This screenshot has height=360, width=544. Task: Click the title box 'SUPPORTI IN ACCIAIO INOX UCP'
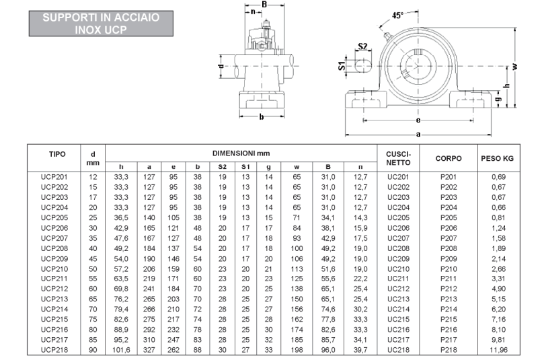click(x=101, y=24)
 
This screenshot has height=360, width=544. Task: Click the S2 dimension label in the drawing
click(x=362, y=46)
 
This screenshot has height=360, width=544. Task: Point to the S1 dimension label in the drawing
click(x=341, y=66)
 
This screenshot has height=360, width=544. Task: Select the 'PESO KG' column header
click(x=498, y=158)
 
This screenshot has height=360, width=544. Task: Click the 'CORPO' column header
click(x=449, y=158)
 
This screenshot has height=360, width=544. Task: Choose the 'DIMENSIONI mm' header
click(x=241, y=153)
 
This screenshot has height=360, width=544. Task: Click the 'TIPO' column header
click(x=57, y=153)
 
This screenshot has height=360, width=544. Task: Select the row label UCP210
click(x=54, y=268)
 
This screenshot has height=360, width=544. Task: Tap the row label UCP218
click(x=54, y=350)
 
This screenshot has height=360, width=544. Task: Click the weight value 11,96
click(x=499, y=350)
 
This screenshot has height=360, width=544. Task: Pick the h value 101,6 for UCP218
click(x=121, y=350)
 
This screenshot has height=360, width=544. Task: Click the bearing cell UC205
click(x=398, y=217)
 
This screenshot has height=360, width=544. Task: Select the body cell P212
click(x=449, y=289)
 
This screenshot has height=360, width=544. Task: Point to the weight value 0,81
click(x=499, y=217)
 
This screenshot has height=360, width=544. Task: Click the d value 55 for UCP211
click(x=93, y=279)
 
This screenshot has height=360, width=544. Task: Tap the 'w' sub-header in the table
click(x=297, y=166)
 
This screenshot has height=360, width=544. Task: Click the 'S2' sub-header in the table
click(x=223, y=166)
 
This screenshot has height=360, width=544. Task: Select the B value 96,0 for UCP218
click(x=328, y=350)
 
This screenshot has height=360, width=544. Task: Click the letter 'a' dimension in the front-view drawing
click(x=420, y=134)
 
